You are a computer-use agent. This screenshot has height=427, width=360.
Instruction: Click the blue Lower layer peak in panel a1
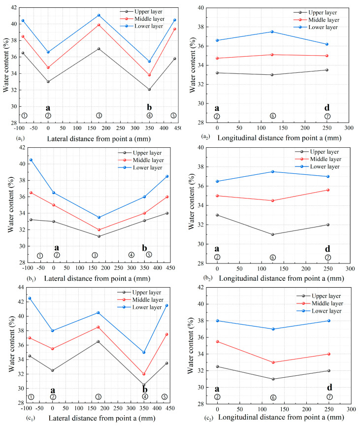tap(99, 15)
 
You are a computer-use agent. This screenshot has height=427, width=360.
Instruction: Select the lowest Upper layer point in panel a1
tap(149, 89)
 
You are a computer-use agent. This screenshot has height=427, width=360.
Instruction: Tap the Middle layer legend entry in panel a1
tap(142, 19)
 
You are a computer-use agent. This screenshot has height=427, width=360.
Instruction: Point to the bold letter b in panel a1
tap(149, 107)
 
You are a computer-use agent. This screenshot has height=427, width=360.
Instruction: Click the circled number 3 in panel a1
tap(99, 115)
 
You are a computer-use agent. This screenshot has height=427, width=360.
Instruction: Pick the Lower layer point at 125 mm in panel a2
tap(272, 32)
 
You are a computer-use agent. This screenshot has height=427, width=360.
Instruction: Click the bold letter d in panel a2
tap(327, 107)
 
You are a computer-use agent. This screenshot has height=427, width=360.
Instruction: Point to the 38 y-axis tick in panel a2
tap(201, 27)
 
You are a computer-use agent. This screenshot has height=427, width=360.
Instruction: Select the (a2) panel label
tap(205, 136)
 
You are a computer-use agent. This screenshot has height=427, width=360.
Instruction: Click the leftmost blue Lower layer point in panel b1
tap(31, 160)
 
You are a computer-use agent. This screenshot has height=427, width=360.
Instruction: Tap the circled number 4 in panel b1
tap(131, 255)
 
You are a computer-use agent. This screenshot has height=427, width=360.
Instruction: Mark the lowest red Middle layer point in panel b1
tap(99, 230)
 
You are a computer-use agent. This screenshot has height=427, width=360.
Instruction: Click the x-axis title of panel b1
tap(97, 278)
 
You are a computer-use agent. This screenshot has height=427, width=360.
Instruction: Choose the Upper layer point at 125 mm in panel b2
tap(273, 234)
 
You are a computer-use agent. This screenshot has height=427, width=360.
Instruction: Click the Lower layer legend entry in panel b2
tap(317, 166)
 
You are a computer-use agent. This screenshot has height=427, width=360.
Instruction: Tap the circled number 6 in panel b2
tap(273, 258)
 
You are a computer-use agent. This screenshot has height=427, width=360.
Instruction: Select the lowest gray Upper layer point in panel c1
tap(144, 385)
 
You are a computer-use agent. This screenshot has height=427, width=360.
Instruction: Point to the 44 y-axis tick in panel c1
tap(21, 287)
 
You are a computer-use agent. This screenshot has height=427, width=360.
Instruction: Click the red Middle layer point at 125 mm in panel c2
tap(273, 362)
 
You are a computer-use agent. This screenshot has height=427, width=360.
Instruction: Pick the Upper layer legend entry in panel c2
tap(319, 296)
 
